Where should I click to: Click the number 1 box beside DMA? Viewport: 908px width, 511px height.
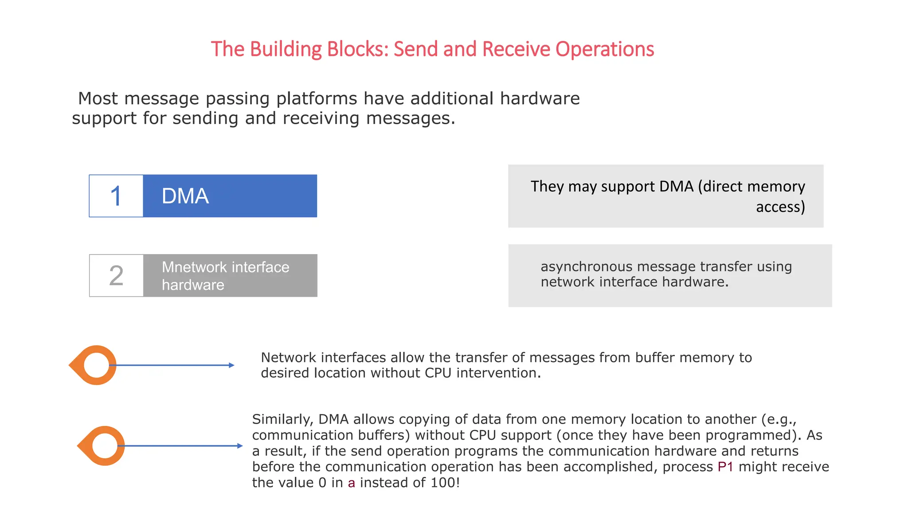pos(116,196)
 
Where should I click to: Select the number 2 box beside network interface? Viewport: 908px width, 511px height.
pos(116,275)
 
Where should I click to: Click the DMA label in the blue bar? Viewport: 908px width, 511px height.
pos(185,196)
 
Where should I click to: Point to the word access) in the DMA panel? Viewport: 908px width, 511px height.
pos(780,207)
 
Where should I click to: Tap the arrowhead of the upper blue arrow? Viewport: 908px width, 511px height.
pos(231,365)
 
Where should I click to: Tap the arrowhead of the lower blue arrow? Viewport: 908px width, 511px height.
pos(240,446)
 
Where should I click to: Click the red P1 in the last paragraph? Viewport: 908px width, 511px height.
pos(725,467)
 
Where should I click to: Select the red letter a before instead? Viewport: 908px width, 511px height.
pos(351,483)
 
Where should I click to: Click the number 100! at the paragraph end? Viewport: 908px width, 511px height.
pos(445,483)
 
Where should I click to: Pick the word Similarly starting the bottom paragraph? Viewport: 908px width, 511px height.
pos(282,419)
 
